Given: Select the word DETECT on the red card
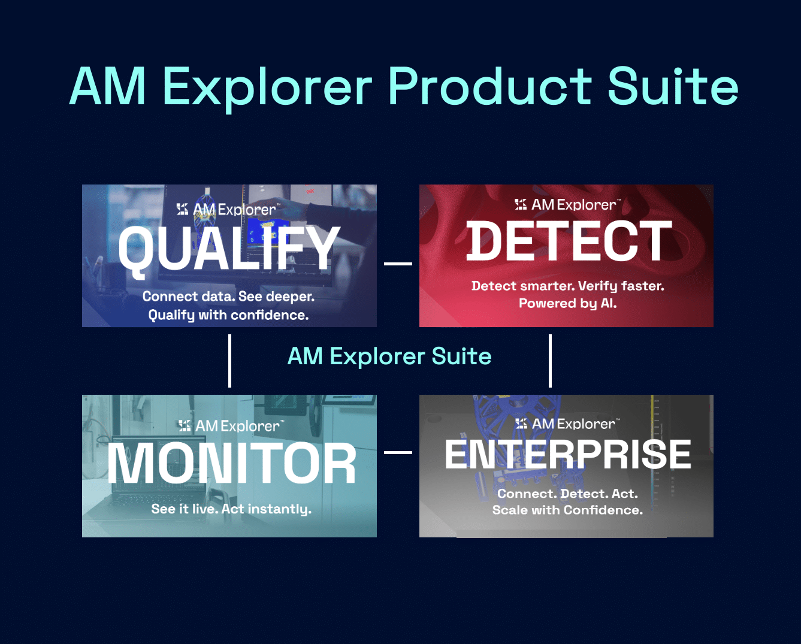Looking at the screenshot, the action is coord(569,241).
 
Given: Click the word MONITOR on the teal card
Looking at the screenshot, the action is coord(231,463).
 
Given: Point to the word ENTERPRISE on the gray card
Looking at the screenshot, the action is coord(568,453).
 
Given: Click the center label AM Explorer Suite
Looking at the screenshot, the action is coord(389,356).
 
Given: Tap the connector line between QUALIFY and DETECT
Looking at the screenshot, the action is coord(398,264).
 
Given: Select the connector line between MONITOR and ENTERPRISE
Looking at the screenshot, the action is coord(398,452).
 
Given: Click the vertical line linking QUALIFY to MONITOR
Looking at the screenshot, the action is coord(229,361).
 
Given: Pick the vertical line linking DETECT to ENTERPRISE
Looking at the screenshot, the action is coord(550,361).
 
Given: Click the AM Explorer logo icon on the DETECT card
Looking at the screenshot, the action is coord(521,204).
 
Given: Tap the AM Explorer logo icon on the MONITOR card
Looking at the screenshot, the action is coord(185,425).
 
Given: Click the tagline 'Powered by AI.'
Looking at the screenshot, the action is coord(567,303).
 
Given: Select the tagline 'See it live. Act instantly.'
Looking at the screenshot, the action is coord(231,509).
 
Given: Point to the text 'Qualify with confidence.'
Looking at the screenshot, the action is coord(228,315).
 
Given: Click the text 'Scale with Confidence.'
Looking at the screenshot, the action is coord(567,510).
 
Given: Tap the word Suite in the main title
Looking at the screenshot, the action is coord(673,86).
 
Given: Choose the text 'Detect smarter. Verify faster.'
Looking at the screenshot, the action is coord(567,286).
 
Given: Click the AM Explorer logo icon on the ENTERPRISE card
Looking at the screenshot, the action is coord(521,424).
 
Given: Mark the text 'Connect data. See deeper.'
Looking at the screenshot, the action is coord(228,297).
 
